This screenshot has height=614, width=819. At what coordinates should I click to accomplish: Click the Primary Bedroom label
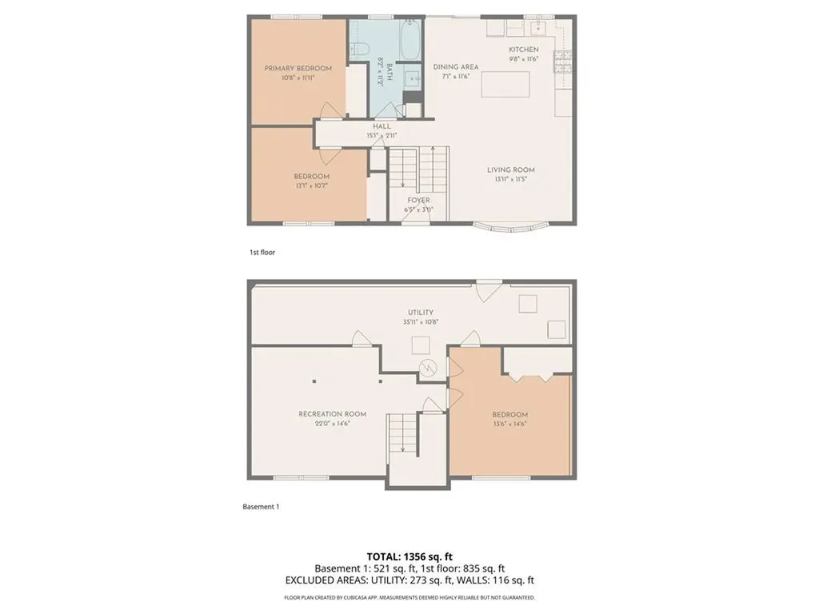pos(298,69)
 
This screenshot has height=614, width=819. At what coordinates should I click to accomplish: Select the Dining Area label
pos(456,67)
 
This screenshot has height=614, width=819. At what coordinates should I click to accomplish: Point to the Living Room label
pos(511,169)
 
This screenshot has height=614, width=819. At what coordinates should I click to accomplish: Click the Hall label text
pos(382,126)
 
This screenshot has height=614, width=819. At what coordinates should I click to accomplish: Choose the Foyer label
pos(418,200)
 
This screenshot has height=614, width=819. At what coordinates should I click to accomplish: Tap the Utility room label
pos(420,313)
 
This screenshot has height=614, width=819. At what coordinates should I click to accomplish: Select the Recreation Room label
pos(332,414)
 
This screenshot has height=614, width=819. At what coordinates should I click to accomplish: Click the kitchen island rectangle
pos(505,84)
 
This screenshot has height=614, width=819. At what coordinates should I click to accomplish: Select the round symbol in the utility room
pos(429,368)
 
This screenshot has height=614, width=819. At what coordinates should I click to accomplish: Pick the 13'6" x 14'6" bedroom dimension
pos(509,424)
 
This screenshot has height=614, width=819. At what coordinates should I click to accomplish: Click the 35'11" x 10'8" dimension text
pos(420,322)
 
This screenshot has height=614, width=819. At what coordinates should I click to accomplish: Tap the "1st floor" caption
pos(262,253)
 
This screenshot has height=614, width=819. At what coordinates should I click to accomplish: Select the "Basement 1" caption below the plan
pos(261,507)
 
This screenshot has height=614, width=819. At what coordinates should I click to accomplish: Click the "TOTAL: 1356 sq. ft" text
pos(409,556)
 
